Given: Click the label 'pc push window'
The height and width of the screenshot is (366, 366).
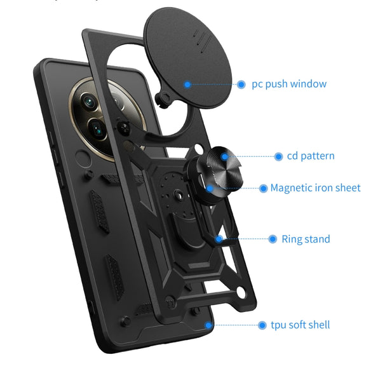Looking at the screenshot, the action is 289,84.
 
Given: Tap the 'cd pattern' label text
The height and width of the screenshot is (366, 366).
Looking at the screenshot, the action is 311,156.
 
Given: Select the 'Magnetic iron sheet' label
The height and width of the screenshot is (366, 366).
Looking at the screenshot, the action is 315,188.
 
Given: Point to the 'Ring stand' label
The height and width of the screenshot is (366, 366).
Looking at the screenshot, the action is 306,239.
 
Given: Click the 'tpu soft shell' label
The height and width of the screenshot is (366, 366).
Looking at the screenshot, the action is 300,325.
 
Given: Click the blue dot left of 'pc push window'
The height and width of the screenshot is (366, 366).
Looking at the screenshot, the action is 241,85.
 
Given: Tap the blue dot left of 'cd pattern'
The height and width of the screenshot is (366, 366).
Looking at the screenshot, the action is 278,156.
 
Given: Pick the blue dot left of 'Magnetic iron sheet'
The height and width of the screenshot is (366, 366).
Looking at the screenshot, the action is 263,188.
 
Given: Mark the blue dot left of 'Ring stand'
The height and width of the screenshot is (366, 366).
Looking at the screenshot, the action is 273,239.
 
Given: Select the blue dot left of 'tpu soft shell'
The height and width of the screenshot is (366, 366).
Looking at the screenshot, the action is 262,325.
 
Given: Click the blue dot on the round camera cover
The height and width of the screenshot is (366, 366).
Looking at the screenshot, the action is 187,85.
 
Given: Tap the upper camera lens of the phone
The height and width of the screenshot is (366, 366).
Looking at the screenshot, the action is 89,102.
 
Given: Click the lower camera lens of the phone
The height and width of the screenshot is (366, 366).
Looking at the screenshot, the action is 97,129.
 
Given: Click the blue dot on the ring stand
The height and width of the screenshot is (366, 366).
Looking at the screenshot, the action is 219,239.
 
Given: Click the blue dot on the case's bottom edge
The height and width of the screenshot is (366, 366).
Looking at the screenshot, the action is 208,325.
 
